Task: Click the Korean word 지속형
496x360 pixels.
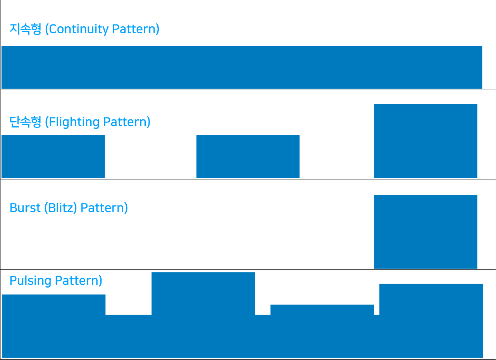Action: point(26,29)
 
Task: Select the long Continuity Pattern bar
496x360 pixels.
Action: point(242,67)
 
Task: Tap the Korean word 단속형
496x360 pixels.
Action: point(26,122)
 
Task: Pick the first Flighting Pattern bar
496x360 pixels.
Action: point(53,157)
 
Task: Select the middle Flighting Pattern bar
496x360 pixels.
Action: point(248,157)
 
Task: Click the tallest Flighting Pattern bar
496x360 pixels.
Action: point(425,141)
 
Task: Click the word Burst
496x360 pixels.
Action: point(25,208)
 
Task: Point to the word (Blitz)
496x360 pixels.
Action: point(61,208)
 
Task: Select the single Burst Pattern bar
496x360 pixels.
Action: point(425,232)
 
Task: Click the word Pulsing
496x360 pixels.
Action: point(30,281)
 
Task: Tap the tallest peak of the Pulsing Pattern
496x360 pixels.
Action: point(203,293)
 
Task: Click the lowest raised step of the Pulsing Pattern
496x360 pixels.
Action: point(322,310)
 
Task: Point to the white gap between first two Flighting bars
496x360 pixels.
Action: point(151,157)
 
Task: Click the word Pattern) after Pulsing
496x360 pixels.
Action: point(79,281)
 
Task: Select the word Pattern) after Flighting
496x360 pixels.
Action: point(127,122)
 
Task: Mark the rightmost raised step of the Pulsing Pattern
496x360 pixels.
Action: point(431,299)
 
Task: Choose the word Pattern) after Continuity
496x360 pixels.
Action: point(136,29)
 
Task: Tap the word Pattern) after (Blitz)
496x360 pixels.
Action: point(104,208)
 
